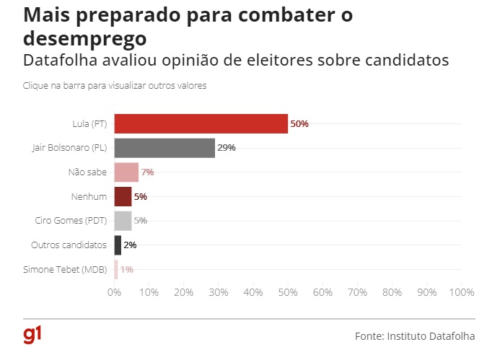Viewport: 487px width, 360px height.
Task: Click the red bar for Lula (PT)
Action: click(x=201, y=123)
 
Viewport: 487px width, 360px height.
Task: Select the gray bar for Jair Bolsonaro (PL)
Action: click(x=164, y=148)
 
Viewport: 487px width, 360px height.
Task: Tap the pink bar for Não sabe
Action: click(x=126, y=172)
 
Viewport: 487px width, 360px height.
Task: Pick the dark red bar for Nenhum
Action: click(x=123, y=196)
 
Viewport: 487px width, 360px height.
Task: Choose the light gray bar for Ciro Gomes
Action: click(x=123, y=220)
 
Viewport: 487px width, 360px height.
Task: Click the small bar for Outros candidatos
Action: click(x=118, y=245)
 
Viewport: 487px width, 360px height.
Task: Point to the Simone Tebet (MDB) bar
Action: click(x=116, y=269)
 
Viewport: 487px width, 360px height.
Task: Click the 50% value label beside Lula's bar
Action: click(x=299, y=123)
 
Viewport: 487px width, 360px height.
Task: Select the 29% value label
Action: click(x=227, y=148)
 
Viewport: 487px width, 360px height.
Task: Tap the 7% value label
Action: click(x=148, y=172)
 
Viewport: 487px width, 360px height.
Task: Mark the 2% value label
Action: click(x=130, y=245)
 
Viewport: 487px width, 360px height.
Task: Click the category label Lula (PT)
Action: click(x=89, y=123)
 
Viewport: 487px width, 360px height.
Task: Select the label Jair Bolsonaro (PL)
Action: click(x=70, y=148)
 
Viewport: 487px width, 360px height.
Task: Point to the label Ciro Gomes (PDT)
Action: click(x=71, y=220)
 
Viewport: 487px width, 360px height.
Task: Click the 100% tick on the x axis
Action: click(x=461, y=292)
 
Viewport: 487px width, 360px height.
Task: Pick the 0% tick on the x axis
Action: click(x=114, y=292)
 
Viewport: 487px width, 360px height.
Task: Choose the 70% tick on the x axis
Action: click(x=357, y=292)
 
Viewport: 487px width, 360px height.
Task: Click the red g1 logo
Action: click(x=32, y=334)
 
